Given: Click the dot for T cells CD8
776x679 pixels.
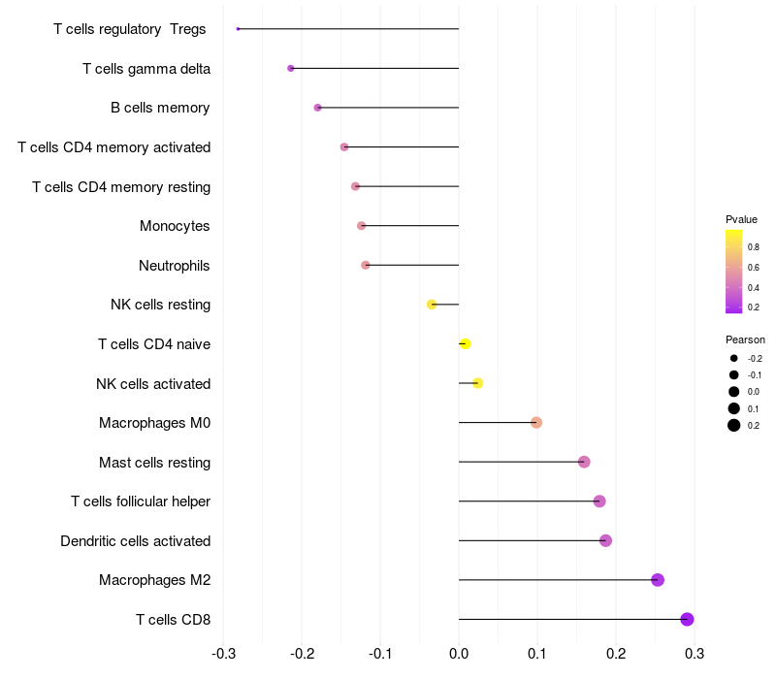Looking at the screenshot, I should tap(687, 619).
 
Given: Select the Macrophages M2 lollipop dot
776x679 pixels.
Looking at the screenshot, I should tap(658, 580).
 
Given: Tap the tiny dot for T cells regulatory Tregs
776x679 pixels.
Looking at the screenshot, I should tap(238, 29).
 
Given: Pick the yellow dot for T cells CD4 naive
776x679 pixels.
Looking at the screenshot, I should tap(465, 343).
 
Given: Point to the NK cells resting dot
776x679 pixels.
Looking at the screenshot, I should tap(432, 305).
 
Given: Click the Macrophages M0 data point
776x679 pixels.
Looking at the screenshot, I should tap(536, 422).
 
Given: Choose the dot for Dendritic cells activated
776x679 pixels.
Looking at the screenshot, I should tap(606, 540).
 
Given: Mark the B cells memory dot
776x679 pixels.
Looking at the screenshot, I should tap(317, 108).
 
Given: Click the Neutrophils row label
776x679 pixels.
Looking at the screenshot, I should tap(175, 265).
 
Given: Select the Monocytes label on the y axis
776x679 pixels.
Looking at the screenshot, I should tap(175, 226).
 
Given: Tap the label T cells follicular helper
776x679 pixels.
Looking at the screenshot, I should tap(141, 501).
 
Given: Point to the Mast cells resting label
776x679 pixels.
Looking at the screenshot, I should tap(154, 462).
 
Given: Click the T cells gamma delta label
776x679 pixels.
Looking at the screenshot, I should tap(146, 68).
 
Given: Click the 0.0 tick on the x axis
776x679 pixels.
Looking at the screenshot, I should tap(459, 653).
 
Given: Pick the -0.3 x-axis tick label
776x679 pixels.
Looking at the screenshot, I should tap(222, 653).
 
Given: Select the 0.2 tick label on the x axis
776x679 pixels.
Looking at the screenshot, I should tap(616, 653).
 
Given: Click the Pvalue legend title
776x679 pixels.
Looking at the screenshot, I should tap(742, 219).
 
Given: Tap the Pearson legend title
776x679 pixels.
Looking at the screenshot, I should tap(745, 339).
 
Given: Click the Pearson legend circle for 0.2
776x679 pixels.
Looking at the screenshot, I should tap(734, 425).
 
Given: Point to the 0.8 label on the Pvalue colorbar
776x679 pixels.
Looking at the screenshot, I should tap(754, 247).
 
